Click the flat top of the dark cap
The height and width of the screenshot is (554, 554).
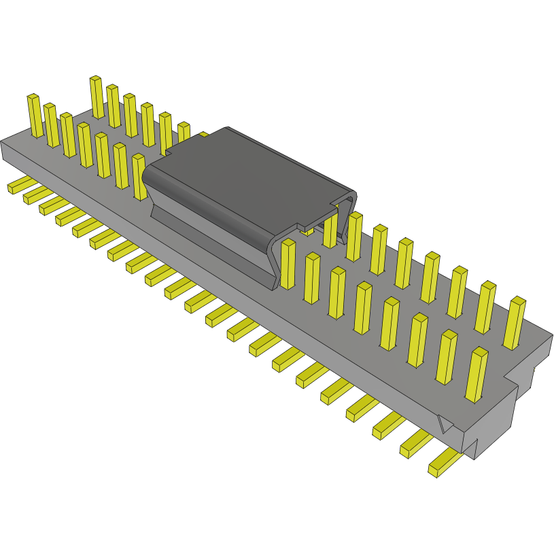(x=252, y=177)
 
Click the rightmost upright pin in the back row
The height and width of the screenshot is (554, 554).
(x=515, y=322)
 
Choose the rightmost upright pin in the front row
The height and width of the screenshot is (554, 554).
(x=477, y=374)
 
